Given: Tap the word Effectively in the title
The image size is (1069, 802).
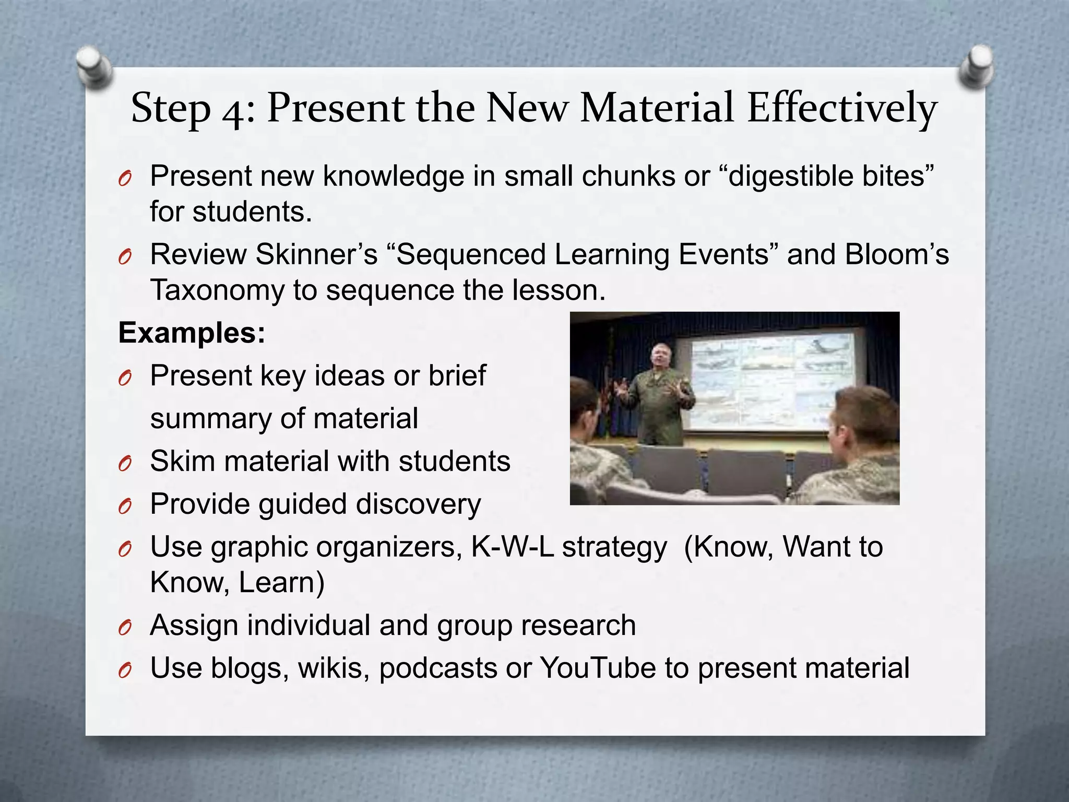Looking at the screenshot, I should click(841, 109).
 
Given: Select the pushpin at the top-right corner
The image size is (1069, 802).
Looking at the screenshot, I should click(976, 66).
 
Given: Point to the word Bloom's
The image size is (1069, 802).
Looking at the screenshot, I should click(896, 254).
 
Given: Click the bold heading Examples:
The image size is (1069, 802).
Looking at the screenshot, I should click(192, 333).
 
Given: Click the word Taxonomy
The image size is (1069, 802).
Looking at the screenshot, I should click(217, 290).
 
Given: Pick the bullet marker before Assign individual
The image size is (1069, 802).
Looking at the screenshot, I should click(125, 627).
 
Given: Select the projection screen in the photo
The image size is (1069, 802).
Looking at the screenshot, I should click(773, 381).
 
